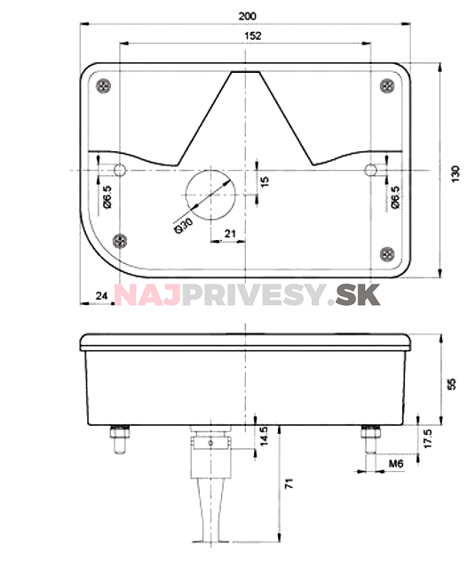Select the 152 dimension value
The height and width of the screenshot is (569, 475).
click(x=251, y=36)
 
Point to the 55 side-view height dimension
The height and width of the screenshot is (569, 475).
click(x=451, y=383)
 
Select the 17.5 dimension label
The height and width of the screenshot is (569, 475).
click(x=429, y=438)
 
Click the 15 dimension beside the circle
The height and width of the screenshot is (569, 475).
click(x=264, y=181)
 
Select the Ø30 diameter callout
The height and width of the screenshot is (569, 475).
click(x=185, y=226)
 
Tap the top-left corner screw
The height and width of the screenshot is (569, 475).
click(x=106, y=85)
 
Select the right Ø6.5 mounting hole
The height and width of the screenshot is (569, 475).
click(x=373, y=170)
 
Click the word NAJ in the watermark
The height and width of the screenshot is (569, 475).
click(x=147, y=293)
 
